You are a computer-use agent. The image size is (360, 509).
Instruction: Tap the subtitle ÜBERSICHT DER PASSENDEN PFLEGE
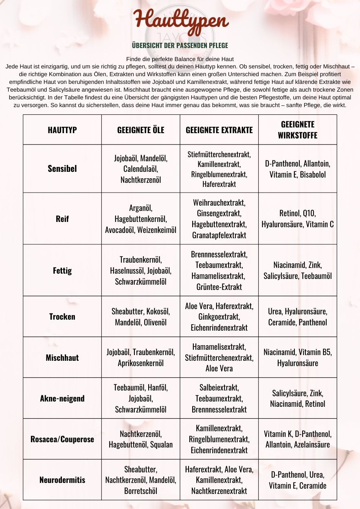click(x=180, y=45)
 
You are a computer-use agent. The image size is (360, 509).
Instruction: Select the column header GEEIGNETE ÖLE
click(x=140, y=130)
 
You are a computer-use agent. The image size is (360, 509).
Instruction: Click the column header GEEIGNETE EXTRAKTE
click(x=219, y=130)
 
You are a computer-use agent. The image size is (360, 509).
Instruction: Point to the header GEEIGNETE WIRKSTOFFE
click(x=297, y=129)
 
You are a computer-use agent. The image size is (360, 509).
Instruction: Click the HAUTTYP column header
click(x=62, y=130)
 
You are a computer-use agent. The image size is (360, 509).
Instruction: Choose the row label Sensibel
click(x=62, y=169)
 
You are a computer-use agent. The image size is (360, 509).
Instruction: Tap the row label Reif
click(x=62, y=219)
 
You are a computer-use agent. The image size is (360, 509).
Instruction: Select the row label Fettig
click(x=62, y=270)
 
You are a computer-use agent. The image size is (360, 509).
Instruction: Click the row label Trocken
click(x=62, y=316)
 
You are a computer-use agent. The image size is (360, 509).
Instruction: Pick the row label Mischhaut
click(x=62, y=358)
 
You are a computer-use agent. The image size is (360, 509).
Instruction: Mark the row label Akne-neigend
click(x=62, y=398)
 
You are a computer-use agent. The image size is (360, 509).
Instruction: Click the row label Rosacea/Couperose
click(x=62, y=439)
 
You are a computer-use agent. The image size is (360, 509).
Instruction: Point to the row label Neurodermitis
click(x=62, y=480)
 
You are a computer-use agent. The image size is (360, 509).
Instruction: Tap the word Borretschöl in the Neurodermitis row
click(x=140, y=491)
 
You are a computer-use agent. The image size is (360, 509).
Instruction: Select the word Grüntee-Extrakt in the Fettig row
click(x=219, y=287)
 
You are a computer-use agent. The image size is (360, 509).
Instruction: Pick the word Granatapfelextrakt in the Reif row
click(x=219, y=235)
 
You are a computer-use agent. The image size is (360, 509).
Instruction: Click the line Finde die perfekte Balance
click(x=180, y=59)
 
